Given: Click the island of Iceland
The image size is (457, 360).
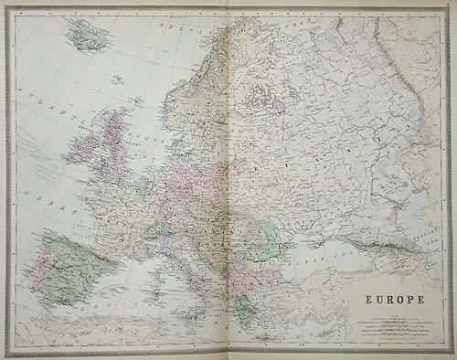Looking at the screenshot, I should (x=90, y=37).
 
